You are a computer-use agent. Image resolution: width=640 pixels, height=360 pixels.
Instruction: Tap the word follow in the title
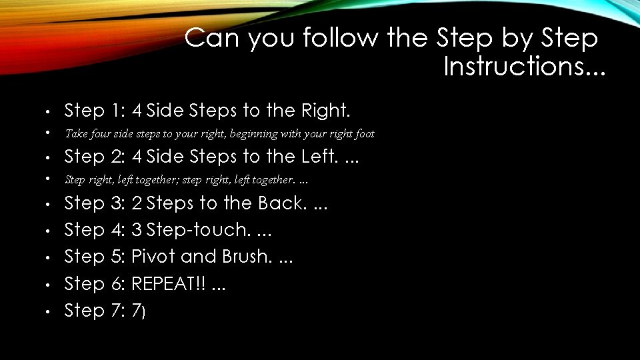pos(341,39)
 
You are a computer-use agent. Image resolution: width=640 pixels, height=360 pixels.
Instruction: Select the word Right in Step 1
pos(324,110)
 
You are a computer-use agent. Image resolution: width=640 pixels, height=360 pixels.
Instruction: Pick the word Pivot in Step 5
pos(153,257)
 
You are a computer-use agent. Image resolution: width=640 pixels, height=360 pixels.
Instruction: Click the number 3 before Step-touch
pos(137,230)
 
